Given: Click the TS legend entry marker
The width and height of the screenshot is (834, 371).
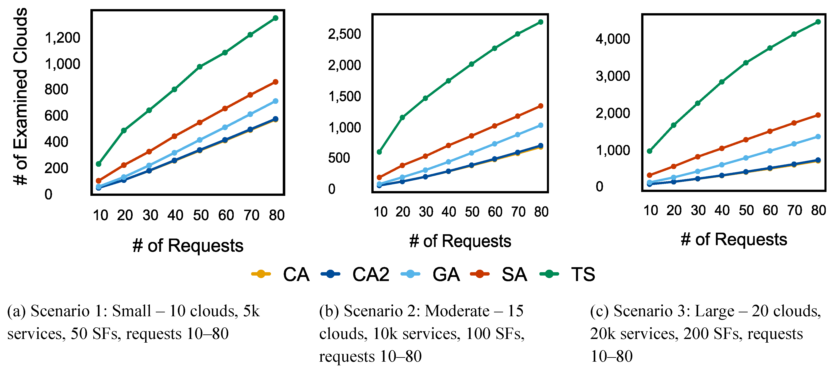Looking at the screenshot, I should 549,274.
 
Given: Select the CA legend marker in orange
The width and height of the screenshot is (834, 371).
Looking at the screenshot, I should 261,274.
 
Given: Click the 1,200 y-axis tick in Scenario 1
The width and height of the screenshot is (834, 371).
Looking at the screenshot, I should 62,38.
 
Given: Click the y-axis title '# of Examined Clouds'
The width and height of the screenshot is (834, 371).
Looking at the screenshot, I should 20,97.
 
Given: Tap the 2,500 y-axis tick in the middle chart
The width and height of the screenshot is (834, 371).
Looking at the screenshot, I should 344,34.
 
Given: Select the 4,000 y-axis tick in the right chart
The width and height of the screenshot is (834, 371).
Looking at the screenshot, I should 613,39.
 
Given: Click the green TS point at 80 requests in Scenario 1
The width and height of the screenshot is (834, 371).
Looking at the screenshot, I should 276,18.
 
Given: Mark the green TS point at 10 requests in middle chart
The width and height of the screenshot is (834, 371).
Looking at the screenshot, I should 380,152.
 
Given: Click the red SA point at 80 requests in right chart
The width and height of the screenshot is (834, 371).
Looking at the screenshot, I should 818,115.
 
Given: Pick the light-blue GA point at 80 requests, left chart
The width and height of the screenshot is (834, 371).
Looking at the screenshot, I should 276,101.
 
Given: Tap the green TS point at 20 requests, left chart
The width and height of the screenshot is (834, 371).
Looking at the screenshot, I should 124,130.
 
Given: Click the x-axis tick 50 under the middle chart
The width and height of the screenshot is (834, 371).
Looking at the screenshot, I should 472,212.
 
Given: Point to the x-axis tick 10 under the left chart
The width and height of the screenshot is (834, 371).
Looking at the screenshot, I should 100,215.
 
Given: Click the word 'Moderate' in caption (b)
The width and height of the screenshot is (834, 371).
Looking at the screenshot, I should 457,311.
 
